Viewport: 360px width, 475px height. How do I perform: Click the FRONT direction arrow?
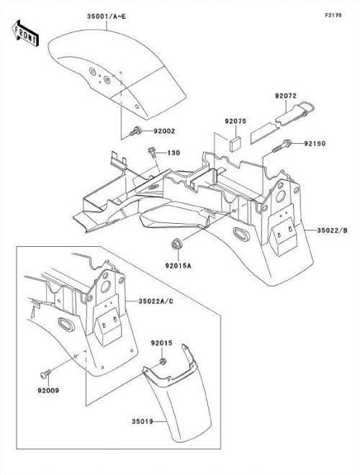click(26, 33)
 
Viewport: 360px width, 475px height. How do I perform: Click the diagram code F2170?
click(333, 15)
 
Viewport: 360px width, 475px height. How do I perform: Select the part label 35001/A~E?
click(107, 17)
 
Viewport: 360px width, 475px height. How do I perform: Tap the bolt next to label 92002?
click(135, 132)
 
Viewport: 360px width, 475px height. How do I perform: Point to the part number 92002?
click(164, 131)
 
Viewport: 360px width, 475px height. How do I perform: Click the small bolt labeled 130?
click(153, 153)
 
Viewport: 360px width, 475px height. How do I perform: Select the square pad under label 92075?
click(235, 144)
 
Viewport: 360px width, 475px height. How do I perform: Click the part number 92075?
click(235, 121)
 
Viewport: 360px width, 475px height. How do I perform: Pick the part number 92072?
click(286, 96)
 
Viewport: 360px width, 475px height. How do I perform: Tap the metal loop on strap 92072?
click(306, 108)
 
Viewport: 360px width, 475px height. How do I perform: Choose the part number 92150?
click(315, 143)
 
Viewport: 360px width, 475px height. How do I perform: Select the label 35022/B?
click(333, 230)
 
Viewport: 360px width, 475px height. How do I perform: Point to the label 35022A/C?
click(156, 302)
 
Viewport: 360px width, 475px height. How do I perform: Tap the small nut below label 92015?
click(163, 361)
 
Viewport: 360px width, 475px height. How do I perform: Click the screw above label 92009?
click(46, 374)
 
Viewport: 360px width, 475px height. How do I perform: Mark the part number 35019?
click(143, 421)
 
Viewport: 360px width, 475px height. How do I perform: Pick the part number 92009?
click(48, 391)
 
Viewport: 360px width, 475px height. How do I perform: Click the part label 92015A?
click(178, 266)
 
